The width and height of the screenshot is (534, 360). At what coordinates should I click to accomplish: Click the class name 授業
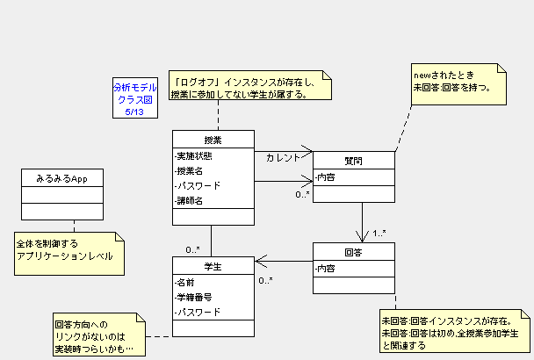pos(213,140)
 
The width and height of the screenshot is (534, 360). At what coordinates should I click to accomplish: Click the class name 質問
pos(353,161)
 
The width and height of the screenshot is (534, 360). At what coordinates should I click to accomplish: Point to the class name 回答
pos(353,251)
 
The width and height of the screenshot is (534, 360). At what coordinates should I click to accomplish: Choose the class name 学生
pos(213,266)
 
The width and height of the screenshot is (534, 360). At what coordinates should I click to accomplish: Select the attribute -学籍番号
pos(197,297)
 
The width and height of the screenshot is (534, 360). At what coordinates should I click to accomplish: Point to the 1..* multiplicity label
pos(379,234)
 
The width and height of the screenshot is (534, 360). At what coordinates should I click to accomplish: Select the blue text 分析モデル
pos(134,87)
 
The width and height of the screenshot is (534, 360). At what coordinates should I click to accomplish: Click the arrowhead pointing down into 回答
pos(362,237)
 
